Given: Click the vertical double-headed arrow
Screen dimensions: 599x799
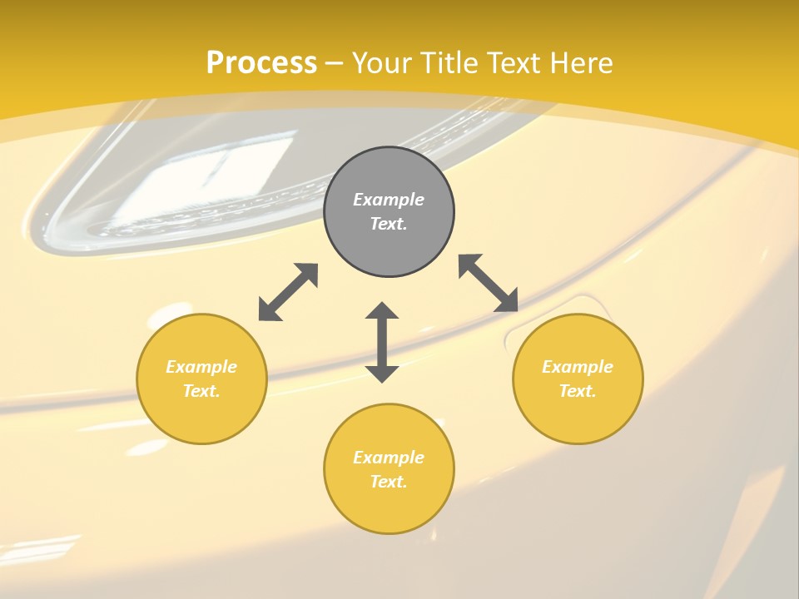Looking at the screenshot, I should [382, 342].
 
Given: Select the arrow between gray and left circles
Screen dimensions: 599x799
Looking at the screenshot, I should [288, 292].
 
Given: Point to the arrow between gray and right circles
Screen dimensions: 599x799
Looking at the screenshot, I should [489, 283].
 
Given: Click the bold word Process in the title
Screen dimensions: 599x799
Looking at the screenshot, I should [261, 62].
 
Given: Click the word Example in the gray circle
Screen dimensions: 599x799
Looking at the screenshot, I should [389, 200].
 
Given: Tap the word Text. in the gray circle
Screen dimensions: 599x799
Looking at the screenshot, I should [389, 224].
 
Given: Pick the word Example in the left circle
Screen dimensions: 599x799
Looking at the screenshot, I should [201, 367].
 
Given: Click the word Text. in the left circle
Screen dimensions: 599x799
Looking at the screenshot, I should [201, 391].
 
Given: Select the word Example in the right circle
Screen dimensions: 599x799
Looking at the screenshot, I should [578, 367].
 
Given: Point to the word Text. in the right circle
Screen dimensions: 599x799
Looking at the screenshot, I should [578, 391].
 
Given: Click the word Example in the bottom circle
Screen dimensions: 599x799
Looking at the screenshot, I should [389, 458].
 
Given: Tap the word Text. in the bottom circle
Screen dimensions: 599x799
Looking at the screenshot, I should [389, 482].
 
